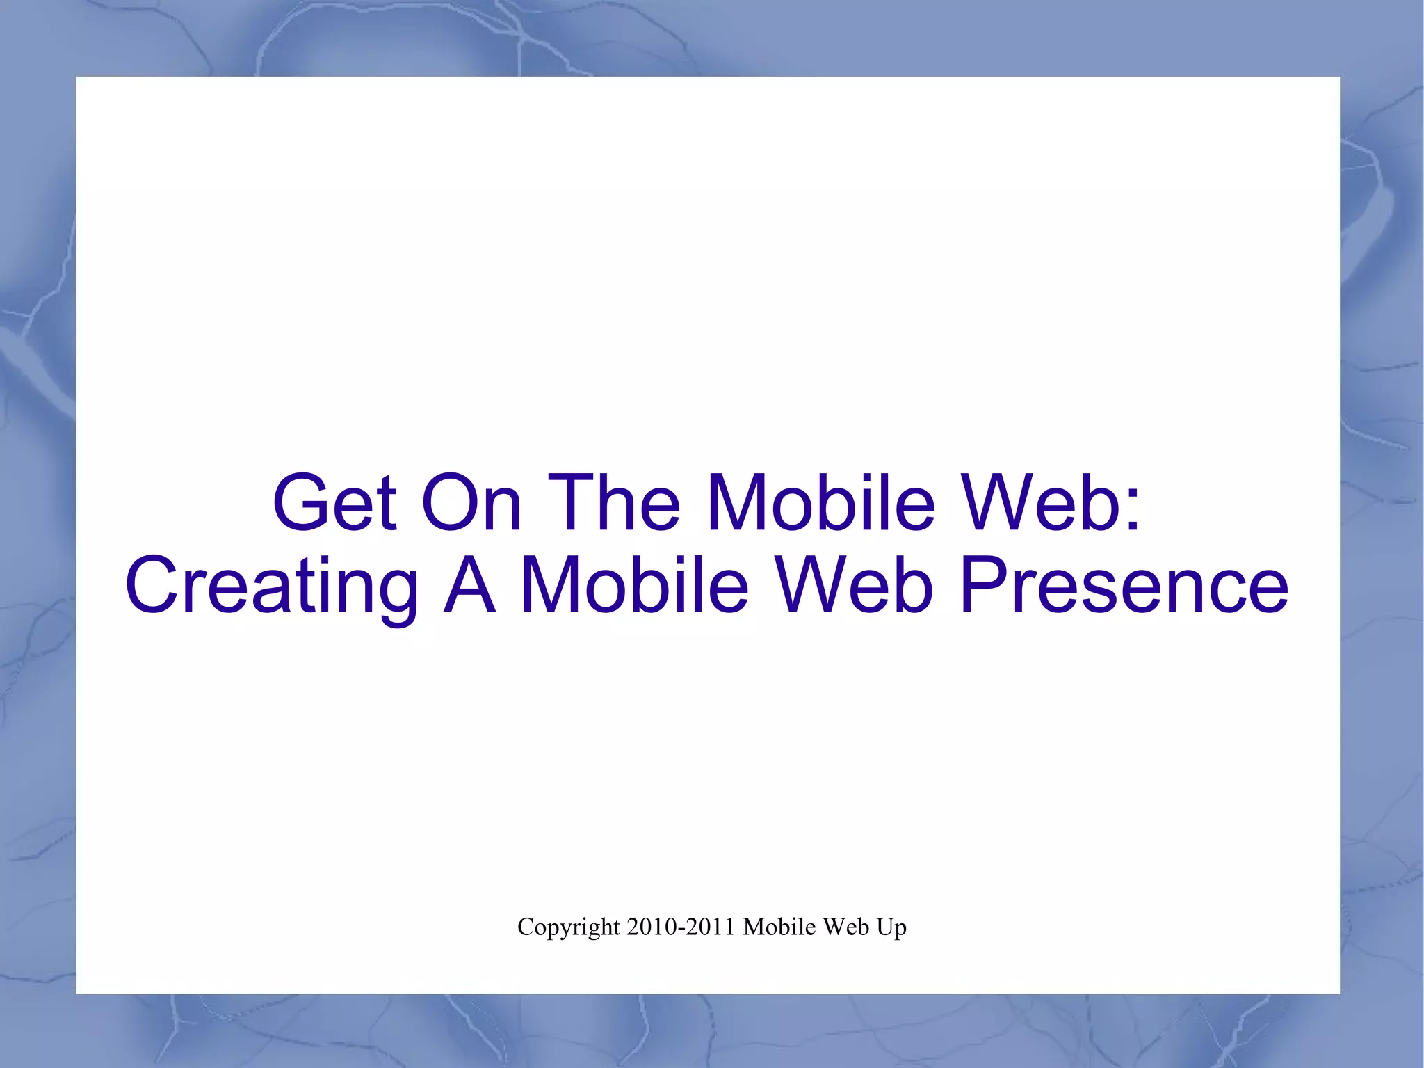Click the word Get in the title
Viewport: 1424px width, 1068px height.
334,502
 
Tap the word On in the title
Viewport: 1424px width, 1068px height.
471,502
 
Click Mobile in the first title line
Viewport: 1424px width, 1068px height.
820,502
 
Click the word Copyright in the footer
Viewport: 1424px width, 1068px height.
568,927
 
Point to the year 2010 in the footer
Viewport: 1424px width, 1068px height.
652,927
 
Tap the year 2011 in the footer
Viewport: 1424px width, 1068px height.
710,927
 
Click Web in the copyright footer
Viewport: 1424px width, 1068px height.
845,927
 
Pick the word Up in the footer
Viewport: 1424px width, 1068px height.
891,928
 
